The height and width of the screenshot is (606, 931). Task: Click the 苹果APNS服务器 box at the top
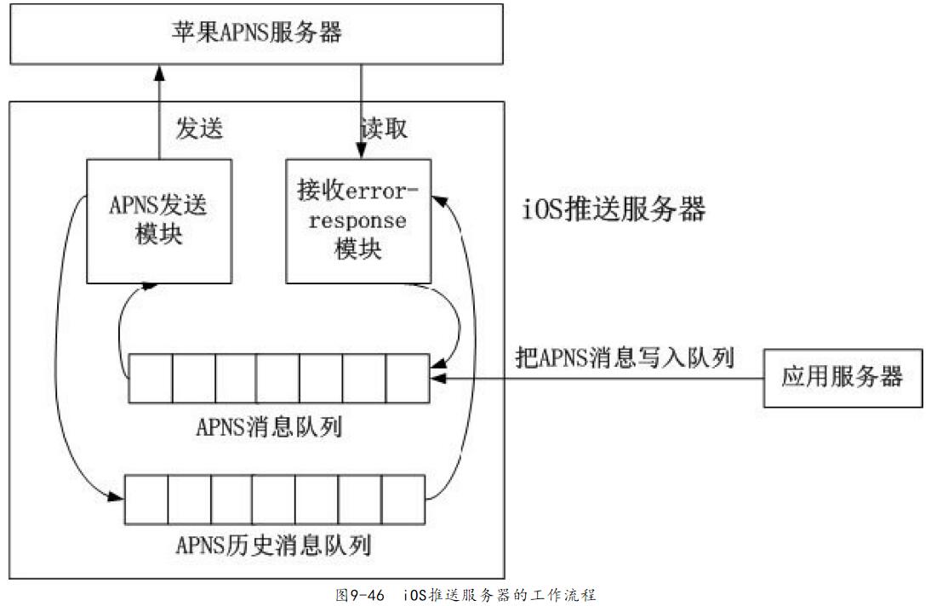(256, 33)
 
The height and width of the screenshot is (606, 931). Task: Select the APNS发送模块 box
(158, 220)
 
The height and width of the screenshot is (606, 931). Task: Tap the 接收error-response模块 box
(358, 220)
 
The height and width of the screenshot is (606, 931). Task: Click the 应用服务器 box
(842, 378)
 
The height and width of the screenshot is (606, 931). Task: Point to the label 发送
(199, 129)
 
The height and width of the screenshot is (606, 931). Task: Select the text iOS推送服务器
(614, 209)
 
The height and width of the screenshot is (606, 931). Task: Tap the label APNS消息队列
(271, 426)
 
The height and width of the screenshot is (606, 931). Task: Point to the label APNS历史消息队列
(273, 544)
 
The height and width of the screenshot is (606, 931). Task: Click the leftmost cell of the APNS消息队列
(151, 379)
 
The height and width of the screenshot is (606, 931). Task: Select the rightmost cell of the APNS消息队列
(407, 379)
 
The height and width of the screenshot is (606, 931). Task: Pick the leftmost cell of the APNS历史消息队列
(146, 499)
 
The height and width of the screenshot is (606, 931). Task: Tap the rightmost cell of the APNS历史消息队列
(403, 499)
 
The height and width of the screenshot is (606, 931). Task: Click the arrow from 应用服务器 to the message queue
(596, 378)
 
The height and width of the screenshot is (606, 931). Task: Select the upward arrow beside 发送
(158, 111)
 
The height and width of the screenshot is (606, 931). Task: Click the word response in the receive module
(357, 221)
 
